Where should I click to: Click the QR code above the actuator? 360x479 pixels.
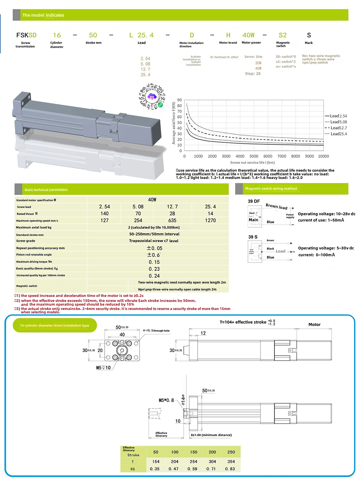pos(152,97)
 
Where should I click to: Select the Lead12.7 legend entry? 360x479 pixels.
pos(338,128)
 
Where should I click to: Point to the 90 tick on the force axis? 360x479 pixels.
pos(179,100)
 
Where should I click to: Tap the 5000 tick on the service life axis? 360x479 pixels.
pos(254,156)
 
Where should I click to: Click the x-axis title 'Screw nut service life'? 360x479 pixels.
pos(252,163)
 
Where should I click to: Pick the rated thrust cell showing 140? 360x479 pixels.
pos(104,214)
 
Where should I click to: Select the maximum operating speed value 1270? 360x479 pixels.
pos(210,221)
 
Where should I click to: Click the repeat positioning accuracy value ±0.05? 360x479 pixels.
pos(155,248)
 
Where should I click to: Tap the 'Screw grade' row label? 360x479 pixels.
pos(26,241)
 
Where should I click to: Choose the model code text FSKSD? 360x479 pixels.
pos(26,35)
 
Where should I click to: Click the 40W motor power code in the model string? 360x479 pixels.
pos(248,35)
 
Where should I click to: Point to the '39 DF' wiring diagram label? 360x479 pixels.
pos(254,201)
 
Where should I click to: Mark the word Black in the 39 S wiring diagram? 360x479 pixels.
pos(270,249)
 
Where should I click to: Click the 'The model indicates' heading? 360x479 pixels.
pos(43,15)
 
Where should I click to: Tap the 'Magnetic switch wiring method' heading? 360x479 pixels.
pos(271,189)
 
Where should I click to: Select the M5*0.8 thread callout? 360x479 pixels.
pos(166,400)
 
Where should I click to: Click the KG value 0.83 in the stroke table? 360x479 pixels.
pos(230,469)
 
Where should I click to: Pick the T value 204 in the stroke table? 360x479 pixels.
pos(175,462)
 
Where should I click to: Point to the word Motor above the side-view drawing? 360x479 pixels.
pos(314,325)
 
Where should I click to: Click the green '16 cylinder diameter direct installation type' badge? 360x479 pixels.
pos(55,325)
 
